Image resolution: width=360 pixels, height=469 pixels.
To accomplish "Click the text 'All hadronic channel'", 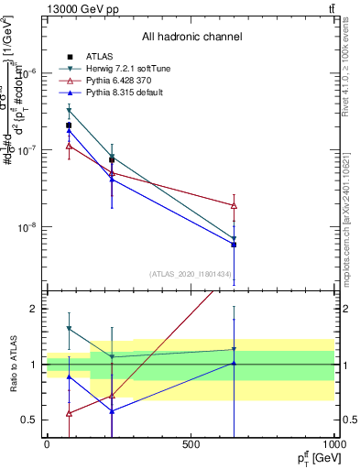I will [x=191, y=38].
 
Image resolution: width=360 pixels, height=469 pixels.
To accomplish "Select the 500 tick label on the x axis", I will [x=191, y=444].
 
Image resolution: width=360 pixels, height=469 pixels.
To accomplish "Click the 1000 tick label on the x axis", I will [x=334, y=444].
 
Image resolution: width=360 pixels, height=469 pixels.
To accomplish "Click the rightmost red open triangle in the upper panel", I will [x=235, y=205].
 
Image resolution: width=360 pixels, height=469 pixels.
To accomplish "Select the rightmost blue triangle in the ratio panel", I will [x=235, y=363].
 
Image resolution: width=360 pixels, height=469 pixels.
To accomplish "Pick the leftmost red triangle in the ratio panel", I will [x=70, y=413].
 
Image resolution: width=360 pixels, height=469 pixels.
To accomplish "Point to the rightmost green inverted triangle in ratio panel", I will [x=235, y=349].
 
